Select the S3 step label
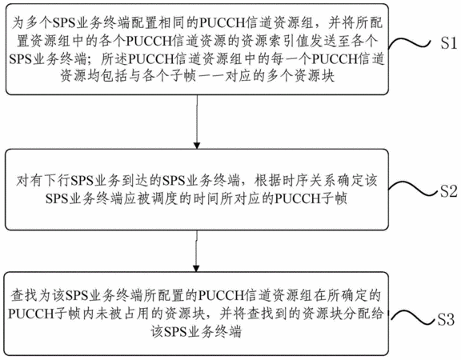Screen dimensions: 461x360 tap(446, 319)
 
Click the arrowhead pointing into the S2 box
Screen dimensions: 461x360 tap(197, 146)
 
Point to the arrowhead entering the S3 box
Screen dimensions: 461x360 tap(196, 268)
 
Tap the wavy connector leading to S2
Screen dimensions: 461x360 tap(412, 190)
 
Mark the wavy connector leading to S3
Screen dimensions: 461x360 tap(412, 318)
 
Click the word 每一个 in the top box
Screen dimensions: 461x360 tap(291, 59)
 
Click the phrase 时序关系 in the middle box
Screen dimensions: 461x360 tap(309, 181)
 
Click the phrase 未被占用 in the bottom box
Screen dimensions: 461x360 tap(122, 314)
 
